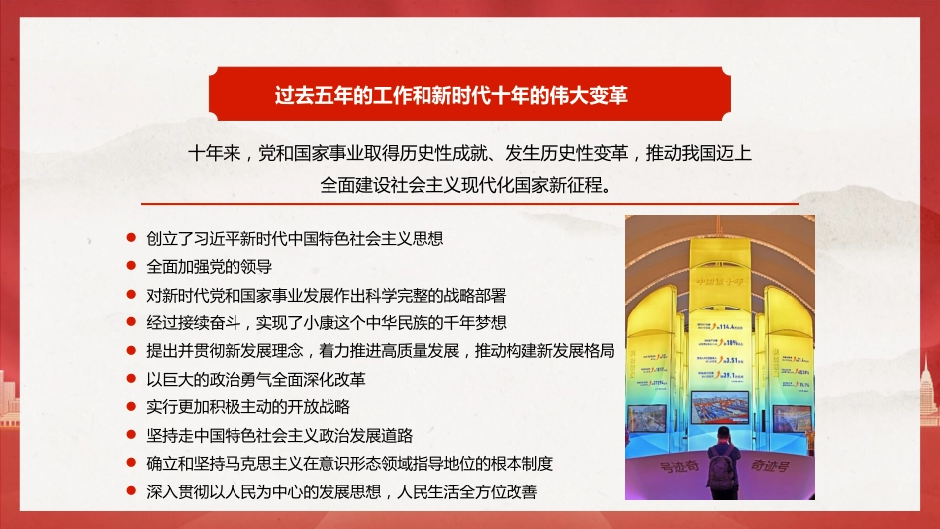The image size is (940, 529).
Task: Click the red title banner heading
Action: (x=469, y=96)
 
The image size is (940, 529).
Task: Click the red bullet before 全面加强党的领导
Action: (x=131, y=266)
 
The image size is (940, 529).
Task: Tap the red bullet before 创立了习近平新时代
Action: (x=131, y=238)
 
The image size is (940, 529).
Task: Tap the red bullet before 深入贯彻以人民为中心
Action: (x=131, y=490)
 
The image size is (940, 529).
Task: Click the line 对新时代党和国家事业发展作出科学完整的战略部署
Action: (x=326, y=295)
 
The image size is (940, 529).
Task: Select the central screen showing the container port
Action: (x=719, y=407)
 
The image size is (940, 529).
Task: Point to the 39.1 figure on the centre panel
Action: (x=733, y=374)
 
